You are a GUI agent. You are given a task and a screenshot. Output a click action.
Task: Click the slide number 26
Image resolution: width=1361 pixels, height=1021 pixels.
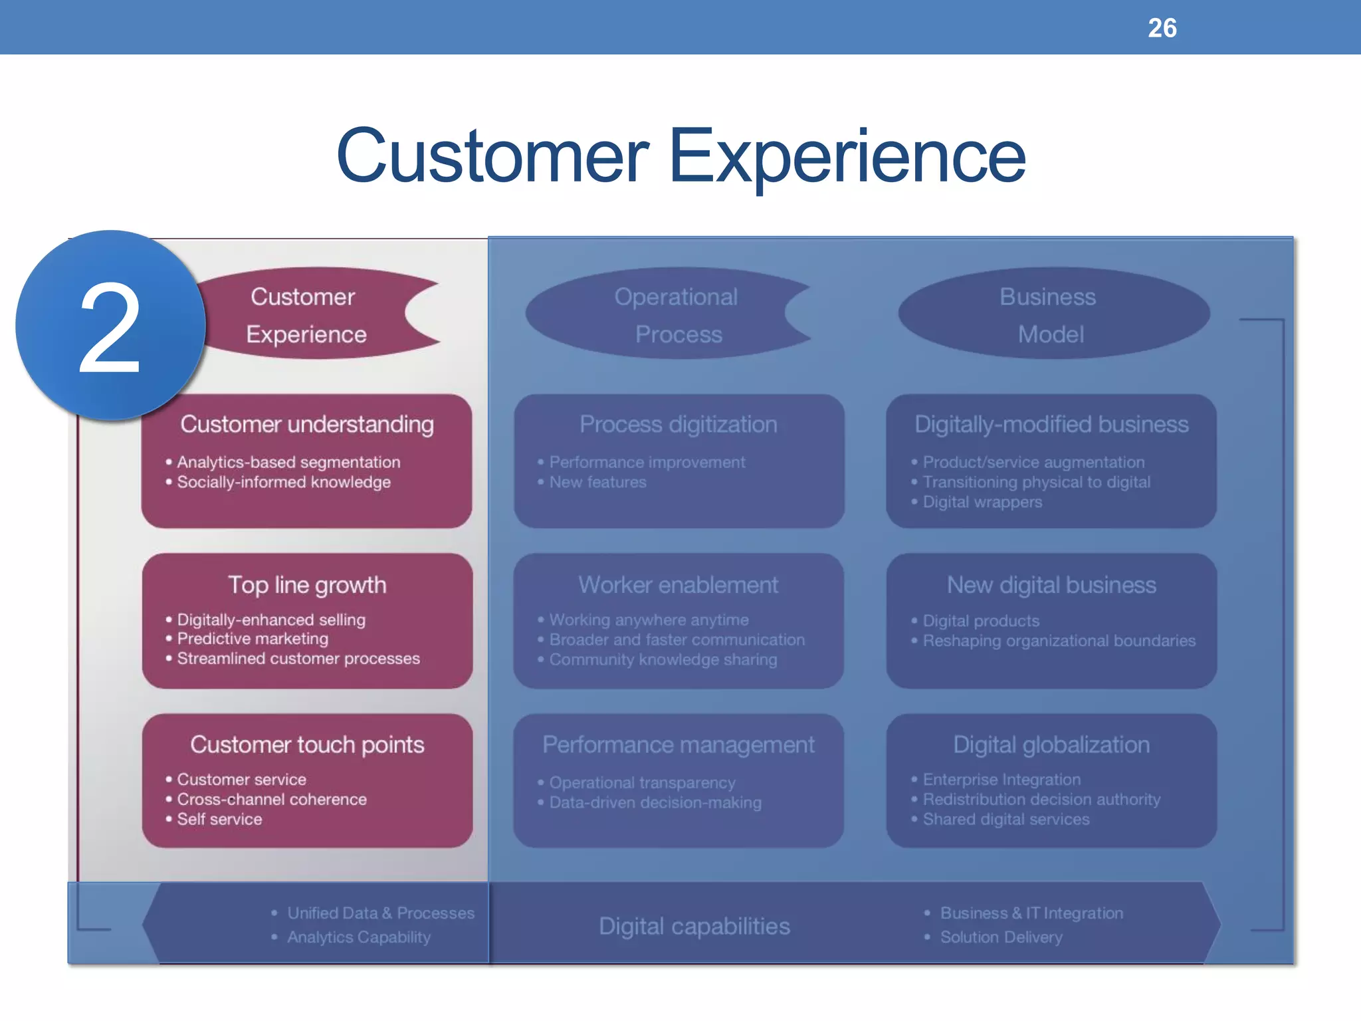tap(1162, 28)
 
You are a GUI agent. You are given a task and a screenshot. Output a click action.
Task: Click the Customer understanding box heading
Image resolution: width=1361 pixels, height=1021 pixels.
tap(307, 424)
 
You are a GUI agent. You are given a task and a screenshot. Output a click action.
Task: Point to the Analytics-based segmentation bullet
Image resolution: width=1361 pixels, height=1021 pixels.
tap(288, 462)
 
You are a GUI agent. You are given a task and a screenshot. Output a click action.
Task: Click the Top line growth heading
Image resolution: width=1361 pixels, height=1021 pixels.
tap(307, 585)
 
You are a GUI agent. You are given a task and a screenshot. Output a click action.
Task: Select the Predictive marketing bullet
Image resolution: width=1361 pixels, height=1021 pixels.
tap(252, 639)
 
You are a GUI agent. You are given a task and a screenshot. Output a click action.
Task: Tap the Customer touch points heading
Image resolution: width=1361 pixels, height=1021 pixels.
tap(307, 744)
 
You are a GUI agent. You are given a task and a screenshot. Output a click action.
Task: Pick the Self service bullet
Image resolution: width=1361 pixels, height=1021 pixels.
tap(219, 819)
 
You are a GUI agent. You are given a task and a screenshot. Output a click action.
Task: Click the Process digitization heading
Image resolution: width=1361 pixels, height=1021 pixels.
tap(678, 424)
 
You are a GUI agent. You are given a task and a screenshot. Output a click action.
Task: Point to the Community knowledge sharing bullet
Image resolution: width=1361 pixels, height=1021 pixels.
tap(663, 659)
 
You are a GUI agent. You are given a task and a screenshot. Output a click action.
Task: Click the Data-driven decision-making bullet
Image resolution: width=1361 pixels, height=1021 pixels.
tap(655, 802)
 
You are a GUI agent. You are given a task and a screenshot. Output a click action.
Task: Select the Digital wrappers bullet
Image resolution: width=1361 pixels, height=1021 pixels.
tap(982, 502)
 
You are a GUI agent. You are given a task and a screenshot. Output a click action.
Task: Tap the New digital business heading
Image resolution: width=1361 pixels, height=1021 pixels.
tap(1051, 585)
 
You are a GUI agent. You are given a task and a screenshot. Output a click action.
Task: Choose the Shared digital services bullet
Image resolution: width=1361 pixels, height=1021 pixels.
tap(1005, 819)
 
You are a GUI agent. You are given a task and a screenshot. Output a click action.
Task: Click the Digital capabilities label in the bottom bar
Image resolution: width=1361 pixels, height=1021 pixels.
tap(694, 926)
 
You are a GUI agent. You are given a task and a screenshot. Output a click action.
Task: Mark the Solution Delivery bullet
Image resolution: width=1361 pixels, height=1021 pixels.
tap(1000, 937)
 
